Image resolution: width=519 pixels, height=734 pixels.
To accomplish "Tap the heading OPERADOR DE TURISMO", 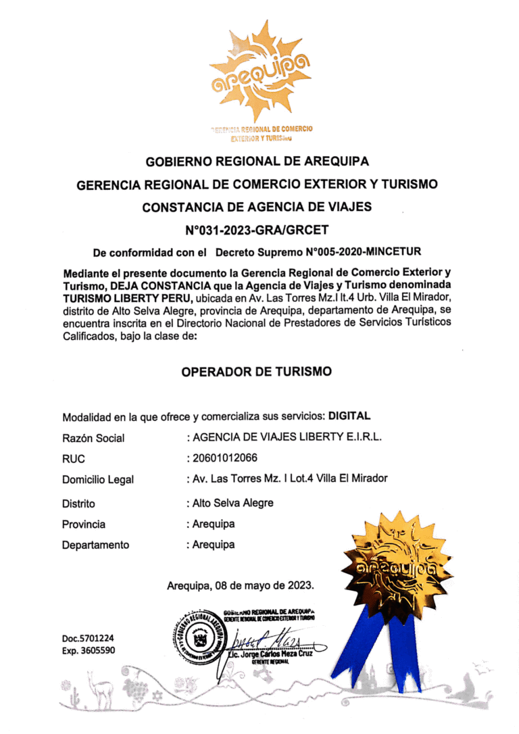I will pyautogui.click(x=257, y=371).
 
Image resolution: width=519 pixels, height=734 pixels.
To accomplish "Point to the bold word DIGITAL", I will pyautogui.click(x=349, y=416).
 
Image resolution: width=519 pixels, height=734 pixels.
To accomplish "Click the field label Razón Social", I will pyautogui.click(x=93, y=438).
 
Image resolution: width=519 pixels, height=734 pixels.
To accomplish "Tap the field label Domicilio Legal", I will pyautogui.click(x=98, y=480).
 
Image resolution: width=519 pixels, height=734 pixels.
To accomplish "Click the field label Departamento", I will pyautogui.click(x=95, y=545).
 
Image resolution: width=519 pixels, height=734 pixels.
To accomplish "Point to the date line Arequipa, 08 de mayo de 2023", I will pyautogui.click(x=241, y=585).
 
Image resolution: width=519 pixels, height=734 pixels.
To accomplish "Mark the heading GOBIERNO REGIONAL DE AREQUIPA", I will pyautogui.click(x=257, y=162).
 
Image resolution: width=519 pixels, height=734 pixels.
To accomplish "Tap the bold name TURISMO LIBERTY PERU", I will pyautogui.click(x=128, y=299).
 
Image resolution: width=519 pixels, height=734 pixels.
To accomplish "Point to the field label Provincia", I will pyautogui.click(x=84, y=524).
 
